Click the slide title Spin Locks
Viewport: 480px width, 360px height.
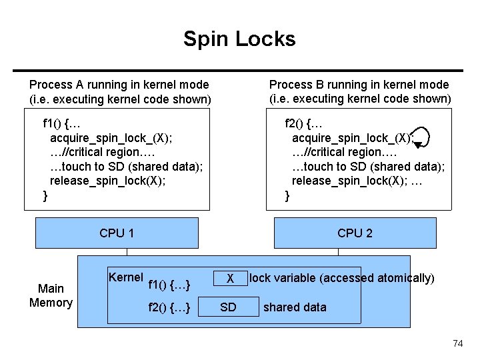tap(239, 39)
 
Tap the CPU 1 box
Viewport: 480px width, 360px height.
tap(117, 233)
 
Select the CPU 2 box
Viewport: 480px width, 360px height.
tap(355, 233)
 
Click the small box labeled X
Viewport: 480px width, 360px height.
tap(229, 278)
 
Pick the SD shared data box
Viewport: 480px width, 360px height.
tap(228, 307)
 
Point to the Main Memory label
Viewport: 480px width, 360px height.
tap(51, 295)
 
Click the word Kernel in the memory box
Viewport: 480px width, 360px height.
tap(125, 277)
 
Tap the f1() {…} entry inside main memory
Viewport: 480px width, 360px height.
tap(171, 285)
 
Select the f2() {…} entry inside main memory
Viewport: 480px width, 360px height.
tap(171, 307)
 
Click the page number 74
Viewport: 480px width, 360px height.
tap(457, 343)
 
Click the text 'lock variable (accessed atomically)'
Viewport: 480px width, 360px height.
tap(341, 278)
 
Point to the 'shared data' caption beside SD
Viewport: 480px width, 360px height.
tap(295, 307)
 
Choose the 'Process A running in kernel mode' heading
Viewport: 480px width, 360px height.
tap(119, 85)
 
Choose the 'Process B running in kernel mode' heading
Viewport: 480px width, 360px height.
tap(359, 85)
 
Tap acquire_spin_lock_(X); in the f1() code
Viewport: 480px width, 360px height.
tap(111, 137)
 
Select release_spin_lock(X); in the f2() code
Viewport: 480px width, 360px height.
tap(349, 181)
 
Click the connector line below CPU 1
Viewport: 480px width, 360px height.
tap(127, 252)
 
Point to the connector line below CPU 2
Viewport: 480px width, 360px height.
tap(338, 252)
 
